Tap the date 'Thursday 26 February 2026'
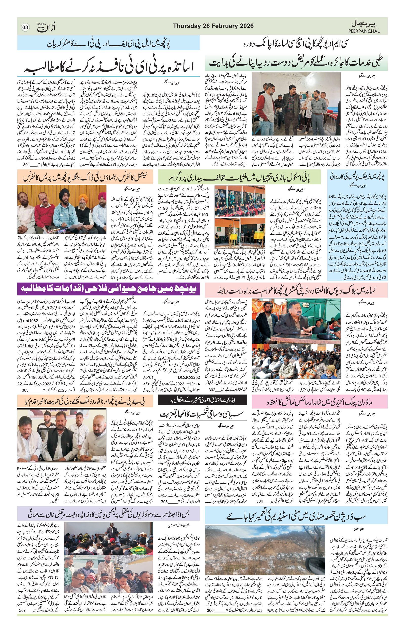point(213,26)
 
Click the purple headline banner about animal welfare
point(109,289)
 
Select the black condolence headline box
point(202,400)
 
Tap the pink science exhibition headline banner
point(319,401)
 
